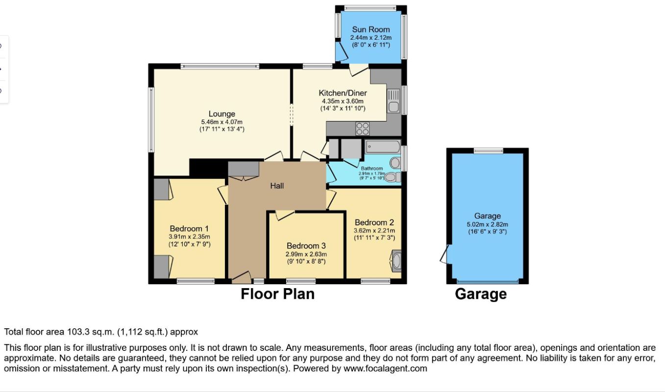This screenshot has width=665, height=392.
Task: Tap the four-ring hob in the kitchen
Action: coord(363,128)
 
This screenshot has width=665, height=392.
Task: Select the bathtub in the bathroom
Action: coord(382,147)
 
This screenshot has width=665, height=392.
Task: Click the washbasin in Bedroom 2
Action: coord(396,261)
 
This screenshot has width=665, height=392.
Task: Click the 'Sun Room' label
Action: coord(370,29)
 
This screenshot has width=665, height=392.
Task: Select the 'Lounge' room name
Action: coord(222,114)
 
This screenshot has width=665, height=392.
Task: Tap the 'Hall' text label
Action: coord(277,186)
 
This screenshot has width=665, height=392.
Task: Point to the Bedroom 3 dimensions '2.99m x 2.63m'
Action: coord(306,254)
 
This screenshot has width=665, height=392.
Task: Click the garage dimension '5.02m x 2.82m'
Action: coord(488,224)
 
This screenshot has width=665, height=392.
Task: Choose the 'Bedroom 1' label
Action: coord(189,228)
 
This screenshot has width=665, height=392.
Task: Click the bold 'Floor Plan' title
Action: coord(277,294)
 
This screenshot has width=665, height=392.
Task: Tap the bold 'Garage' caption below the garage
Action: coord(480,294)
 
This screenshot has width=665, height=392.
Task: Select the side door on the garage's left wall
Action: coord(445,255)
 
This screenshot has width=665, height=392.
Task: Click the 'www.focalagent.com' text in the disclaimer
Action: coord(386,368)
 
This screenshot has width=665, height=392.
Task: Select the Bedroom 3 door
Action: coord(284,215)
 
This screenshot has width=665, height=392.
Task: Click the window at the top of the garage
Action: coord(488,150)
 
